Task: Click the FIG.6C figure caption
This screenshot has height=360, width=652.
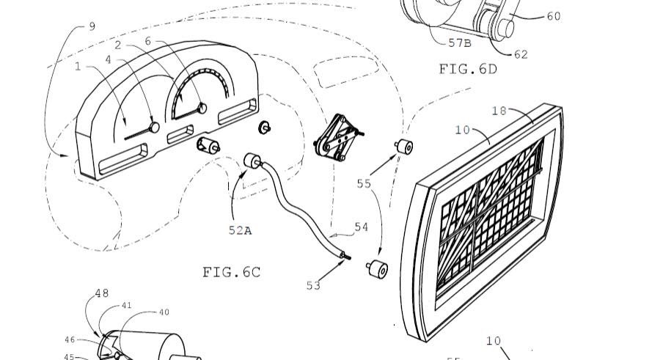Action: (231, 272)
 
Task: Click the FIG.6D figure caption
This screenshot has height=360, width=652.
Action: (468, 69)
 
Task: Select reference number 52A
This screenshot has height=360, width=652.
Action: (239, 230)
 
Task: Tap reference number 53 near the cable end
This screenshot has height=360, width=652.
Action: (313, 285)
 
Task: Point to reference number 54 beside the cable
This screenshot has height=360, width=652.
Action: (361, 228)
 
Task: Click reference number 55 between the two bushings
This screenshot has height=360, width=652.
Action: (364, 184)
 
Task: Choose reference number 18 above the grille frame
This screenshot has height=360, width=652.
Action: (499, 111)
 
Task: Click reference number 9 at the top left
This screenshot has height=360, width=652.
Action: (92, 26)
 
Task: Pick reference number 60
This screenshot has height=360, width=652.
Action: (553, 16)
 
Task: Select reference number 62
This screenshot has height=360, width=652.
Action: (521, 54)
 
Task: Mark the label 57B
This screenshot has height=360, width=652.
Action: (460, 43)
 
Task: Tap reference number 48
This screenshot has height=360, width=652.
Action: (101, 294)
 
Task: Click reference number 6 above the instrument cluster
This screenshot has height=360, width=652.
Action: (147, 42)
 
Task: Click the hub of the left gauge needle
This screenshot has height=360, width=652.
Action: (154, 127)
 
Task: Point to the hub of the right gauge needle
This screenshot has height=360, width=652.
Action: (202, 109)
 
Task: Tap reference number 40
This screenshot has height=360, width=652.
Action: (164, 312)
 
